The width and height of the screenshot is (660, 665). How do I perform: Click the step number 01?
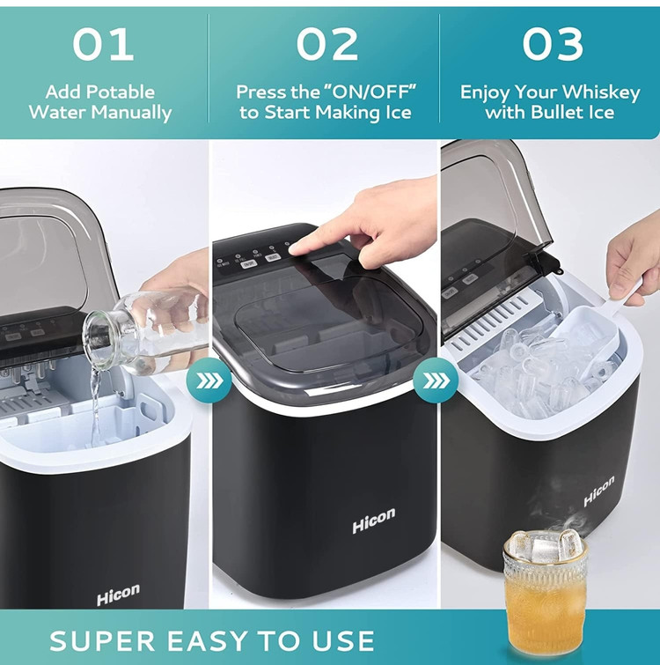click(x=103, y=44)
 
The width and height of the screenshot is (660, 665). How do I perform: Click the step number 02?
click(x=326, y=44)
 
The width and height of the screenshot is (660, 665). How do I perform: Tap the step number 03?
click(x=553, y=44)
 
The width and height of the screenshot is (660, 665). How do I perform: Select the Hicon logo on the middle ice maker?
click(x=374, y=520)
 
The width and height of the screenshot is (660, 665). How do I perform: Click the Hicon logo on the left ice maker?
click(x=118, y=595)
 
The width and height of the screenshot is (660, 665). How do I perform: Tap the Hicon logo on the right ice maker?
click(x=598, y=491)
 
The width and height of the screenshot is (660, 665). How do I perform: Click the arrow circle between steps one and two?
click(x=209, y=381)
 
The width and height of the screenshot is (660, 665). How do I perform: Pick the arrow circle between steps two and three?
click(x=436, y=381)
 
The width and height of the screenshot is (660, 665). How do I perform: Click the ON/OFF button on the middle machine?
click(x=249, y=264)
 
